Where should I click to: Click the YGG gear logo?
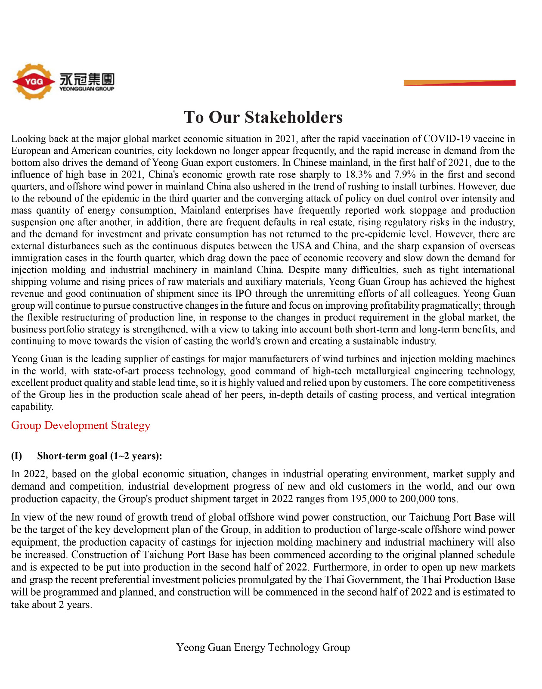tap(34, 81)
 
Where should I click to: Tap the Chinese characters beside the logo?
tap(87, 79)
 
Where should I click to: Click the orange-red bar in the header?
tap(459, 83)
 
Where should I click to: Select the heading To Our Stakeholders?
tap(263, 117)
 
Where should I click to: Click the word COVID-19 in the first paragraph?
tap(446, 139)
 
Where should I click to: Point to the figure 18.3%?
tap(359, 175)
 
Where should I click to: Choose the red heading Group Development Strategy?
tap(81, 425)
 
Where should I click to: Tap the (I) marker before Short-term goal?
tap(17, 456)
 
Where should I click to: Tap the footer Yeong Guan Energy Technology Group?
tap(263, 648)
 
